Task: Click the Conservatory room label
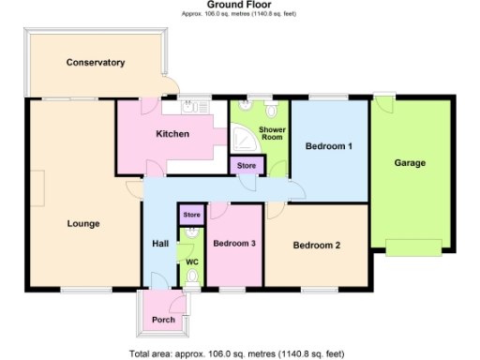[x=96, y=63]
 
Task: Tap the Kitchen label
[x=172, y=134]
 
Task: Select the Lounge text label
[x=83, y=223]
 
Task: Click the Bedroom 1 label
[x=328, y=145]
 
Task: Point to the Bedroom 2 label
[x=316, y=246]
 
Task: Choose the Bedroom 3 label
[x=234, y=243]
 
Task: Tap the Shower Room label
[x=272, y=133]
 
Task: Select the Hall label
[x=160, y=245]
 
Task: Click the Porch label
[x=163, y=320]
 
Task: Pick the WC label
[x=191, y=262]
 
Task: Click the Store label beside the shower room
[x=247, y=166]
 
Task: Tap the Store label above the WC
[x=191, y=216]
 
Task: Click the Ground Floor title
[x=239, y=6]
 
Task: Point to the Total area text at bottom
[x=240, y=353]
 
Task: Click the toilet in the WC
[x=192, y=277]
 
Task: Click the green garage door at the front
[x=413, y=247]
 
